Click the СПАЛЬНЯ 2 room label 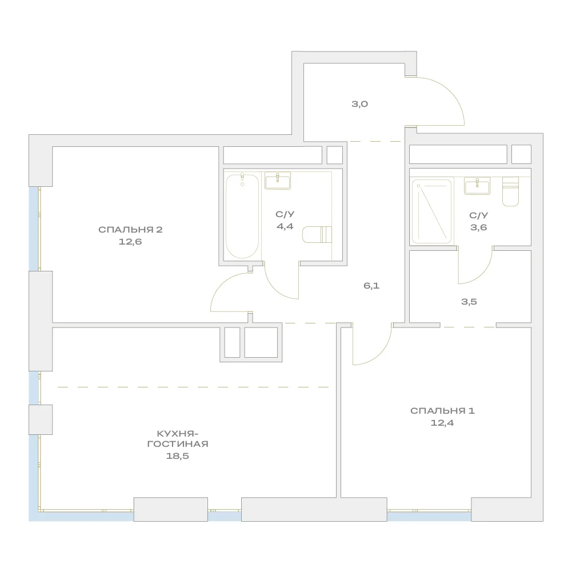click(130, 230)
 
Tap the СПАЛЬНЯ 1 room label click(442, 411)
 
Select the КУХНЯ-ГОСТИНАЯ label click(178, 439)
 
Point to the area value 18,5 click(178, 456)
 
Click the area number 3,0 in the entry click(359, 104)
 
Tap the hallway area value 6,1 click(371, 286)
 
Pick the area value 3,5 click(469, 302)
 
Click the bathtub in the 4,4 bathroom click(242, 217)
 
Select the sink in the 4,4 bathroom click(278, 181)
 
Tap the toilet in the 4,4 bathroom click(317, 234)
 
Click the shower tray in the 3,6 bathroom click(431, 211)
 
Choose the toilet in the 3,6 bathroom click(510, 191)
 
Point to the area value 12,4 click(442, 423)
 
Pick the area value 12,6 click(130, 242)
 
